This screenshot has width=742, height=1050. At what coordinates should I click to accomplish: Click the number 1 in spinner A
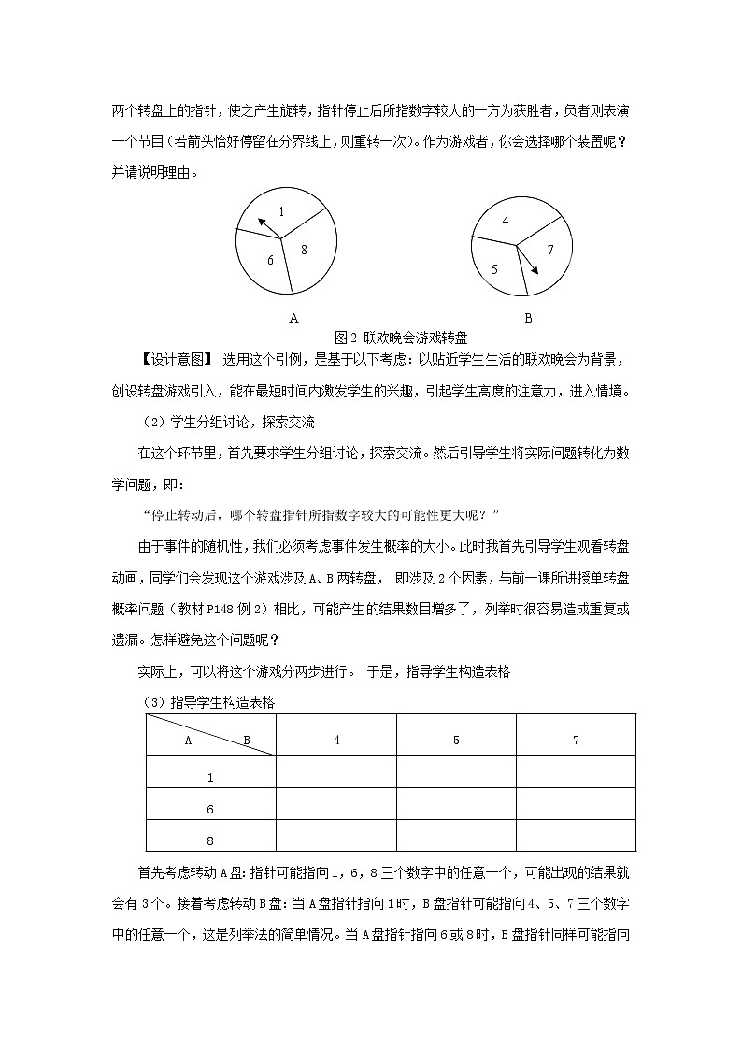(x=281, y=211)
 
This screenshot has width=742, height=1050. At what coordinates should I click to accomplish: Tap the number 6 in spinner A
(x=270, y=260)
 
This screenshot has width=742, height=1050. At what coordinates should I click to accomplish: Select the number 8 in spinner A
(x=304, y=250)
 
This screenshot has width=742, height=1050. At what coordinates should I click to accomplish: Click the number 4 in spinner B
(x=505, y=222)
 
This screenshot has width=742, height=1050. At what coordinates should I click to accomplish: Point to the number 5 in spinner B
(x=494, y=269)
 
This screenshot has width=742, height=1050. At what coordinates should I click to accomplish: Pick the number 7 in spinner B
(x=550, y=250)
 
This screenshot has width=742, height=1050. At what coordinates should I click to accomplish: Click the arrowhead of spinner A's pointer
(x=261, y=221)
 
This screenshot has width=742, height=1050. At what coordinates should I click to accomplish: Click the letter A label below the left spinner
(x=293, y=318)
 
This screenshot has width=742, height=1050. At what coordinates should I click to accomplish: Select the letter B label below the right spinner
(x=528, y=318)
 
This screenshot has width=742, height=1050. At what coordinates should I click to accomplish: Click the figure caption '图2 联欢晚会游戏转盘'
(x=401, y=337)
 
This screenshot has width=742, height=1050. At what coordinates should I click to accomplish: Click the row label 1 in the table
(x=210, y=777)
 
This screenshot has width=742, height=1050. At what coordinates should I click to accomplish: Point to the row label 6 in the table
(x=210, y=809)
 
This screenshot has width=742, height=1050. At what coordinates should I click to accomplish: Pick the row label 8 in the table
(x=210, y=841)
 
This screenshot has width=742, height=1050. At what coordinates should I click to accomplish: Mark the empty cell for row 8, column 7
(x=576, y=836)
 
